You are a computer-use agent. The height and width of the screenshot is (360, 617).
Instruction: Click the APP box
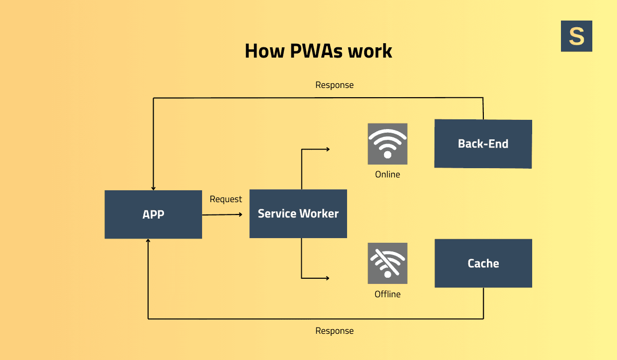pyautogui.click(x=153, y=214)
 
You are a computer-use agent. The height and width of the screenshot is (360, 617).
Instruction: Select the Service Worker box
pyautogui.click(x=298, y=213)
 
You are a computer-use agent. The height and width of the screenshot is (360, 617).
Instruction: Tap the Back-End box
pyautogui.click(x=483, y=144)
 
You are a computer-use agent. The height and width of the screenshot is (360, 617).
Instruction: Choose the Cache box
pyautogui.click(x=483, y=263)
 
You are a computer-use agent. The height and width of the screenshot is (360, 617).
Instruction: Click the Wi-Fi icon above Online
pyautogui.click(x=387, y=143)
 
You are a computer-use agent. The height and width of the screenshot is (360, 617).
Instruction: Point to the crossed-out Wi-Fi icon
pyautogui.click(x=387, y=263)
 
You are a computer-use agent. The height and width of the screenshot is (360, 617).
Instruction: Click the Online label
pyautogui.click(x=387, y=174)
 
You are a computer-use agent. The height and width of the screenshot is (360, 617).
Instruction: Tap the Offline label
pyautogui.click(x=387, y=294)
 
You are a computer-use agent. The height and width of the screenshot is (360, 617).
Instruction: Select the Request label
pyautogui.click(x=226, y=199)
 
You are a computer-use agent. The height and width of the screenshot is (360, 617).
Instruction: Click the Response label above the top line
pyautogui.click(x=334, y=85)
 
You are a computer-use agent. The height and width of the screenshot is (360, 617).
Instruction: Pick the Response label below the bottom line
pyautogui.click(x=334, y=331)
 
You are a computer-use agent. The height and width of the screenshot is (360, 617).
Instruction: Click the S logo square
pyautogui.click(x=576, y=36)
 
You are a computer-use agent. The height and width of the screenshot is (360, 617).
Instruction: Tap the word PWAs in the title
pyautogui.click(x=309, y=51)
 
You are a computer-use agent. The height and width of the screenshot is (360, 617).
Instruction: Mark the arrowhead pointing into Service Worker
pyautogui.click(x=240, y=214)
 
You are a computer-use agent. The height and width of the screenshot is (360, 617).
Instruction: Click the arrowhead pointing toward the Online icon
pyautogui.click(x=327, y=149)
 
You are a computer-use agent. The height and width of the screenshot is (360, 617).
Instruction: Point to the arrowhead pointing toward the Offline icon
pyautogui.click(x=327, y=278)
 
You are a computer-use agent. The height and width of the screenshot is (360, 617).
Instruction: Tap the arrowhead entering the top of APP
pyautogui.click(x=153, y=188)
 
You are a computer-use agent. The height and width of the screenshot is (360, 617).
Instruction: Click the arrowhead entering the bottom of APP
pyautogui.click(x=148, y=241)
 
